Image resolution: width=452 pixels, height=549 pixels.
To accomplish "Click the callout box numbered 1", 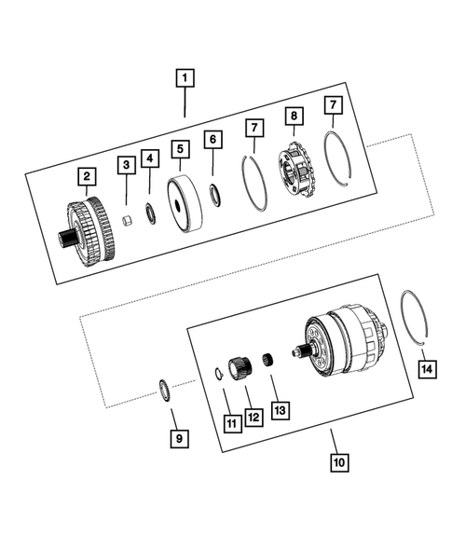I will pyautogui.click(x=186, y=78).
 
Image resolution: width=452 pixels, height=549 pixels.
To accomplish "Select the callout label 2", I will pyautogui.click(x=85, y=174).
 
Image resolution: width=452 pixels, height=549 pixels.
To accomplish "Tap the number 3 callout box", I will pyautogui.click(x=124, y=165).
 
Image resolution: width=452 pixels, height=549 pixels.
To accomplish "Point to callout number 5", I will pyautogui.click(x=179, y=149).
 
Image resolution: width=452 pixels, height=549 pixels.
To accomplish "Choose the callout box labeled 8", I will pyautogui.click(x=294, y=117).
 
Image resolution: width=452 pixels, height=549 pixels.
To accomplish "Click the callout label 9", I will pyautogui.click(x=179, y=436).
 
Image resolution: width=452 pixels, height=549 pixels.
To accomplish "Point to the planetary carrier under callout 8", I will pyautogui.click(x=297, y=171).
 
